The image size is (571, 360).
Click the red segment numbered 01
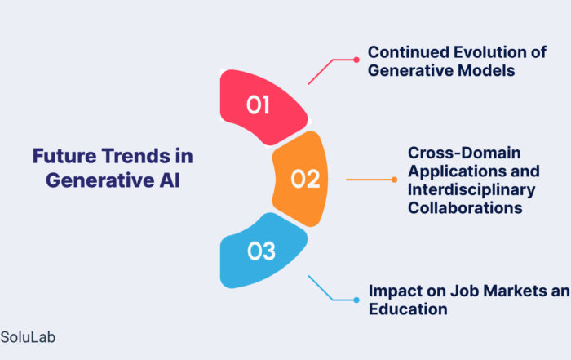(262, 106)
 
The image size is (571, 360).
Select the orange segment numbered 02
(302, 179)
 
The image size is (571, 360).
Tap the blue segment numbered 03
(262, 251)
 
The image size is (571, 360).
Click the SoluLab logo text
(28, 337)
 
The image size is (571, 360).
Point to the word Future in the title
(64, 156)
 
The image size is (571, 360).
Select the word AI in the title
(170, 180)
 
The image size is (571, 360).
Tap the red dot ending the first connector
(356, 60)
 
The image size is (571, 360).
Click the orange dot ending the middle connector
(394, 180)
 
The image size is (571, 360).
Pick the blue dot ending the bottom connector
(356, 300)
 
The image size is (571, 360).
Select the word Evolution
(489, 52)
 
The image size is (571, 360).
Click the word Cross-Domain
(464, 153)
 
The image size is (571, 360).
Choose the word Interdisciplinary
(471, 190)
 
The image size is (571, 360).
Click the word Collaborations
(465, 208)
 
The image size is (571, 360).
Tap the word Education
(408, 309)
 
